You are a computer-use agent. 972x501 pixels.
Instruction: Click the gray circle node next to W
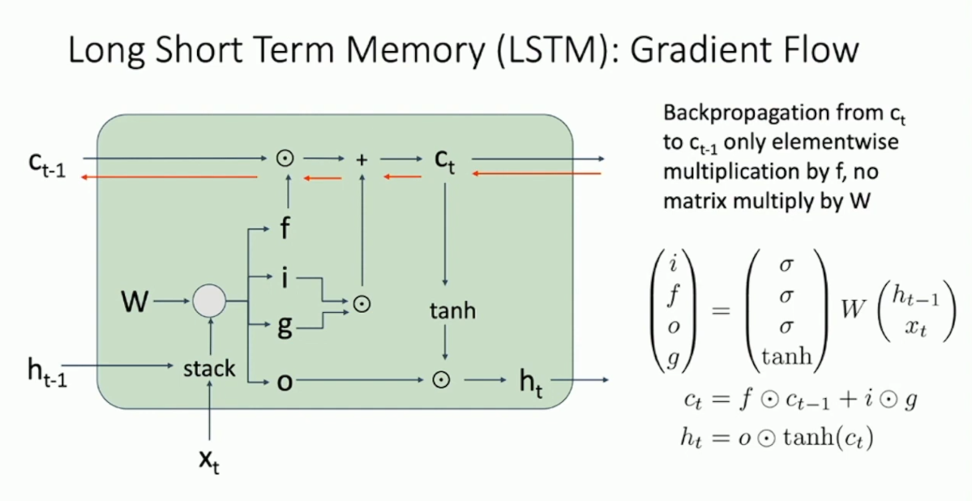tap(208, 302)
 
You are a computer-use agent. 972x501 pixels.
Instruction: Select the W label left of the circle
tap(135, 302)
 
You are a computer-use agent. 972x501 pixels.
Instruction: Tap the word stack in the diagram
tap(209, 370)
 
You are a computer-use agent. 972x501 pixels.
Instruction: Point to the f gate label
tap(285, 229)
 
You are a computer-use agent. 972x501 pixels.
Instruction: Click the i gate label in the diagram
tap(285, 278)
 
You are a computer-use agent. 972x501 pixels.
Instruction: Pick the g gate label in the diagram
tap(285, 327)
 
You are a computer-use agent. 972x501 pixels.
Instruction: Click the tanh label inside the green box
tap(452, 310)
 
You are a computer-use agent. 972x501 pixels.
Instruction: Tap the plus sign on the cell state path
tap(362, 160)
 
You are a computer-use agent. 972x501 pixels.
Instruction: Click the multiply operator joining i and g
tap(362, 303)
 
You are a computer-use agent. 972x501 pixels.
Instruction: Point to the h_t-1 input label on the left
tap(47, 374)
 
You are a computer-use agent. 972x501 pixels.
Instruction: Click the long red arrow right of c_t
tap(537, 173)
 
